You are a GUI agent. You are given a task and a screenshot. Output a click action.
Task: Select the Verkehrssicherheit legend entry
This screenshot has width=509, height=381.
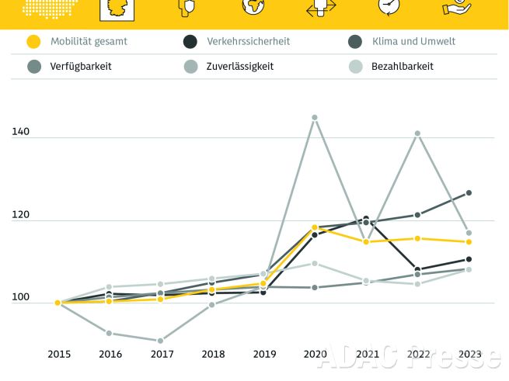[x=248, y=41]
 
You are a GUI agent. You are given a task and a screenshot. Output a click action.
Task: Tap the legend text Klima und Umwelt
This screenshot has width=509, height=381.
[x=413, y=41]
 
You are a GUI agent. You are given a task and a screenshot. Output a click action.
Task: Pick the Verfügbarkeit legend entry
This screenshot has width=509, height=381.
[x=81, y=67]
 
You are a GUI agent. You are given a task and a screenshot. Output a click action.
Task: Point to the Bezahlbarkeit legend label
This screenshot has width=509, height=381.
[x=402, y=67]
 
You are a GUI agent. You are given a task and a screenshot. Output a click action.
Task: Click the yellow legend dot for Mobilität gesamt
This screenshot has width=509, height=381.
[x=33, y=41]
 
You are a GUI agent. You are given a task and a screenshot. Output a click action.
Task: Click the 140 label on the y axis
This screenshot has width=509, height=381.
[x=21, y=133]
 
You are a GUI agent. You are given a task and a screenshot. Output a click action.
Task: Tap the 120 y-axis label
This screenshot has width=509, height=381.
[x=21, y=216]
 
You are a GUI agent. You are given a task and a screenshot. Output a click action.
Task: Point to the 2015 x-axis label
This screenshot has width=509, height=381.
[x=58, y=355]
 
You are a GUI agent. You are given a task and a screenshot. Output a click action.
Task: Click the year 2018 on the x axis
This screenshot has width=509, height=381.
[x=212, y=355]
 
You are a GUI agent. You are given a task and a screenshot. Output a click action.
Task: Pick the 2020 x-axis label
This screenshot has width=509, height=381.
[x=315, y=355]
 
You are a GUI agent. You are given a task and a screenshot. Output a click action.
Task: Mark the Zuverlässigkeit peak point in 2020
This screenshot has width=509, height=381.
[x=315, y=117]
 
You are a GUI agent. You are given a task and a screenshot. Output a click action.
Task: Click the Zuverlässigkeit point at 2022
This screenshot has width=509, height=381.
[x=417, y=133]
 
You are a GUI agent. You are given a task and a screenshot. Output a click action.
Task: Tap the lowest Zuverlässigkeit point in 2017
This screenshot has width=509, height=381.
[x=161, y=341]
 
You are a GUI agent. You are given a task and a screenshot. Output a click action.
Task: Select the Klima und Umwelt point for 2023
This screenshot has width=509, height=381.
[x=469, y=192]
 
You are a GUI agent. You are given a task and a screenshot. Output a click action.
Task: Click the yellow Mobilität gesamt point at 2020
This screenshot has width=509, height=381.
[x=315, y=227]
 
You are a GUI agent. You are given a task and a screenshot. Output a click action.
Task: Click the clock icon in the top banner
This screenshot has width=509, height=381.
[x=388, y=6]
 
